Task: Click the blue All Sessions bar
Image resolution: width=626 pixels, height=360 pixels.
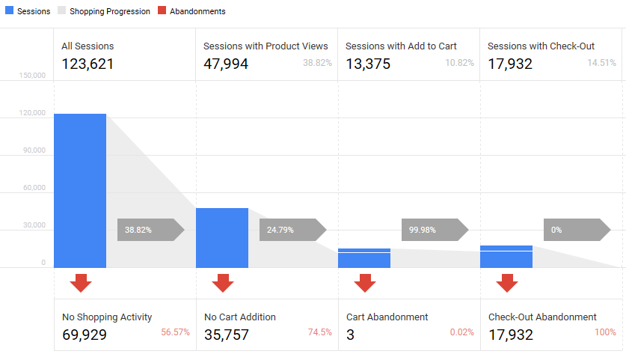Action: click(x=80, y=190)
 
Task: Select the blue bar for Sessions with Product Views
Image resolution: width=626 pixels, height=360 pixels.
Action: click(x=222, y=237)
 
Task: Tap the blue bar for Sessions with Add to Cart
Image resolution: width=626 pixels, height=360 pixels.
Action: click(x=364, y=258)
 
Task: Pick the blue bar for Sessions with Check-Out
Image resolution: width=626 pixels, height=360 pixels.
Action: click(x=506, y=257)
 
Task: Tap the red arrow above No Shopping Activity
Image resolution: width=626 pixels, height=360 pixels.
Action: click(x=80, y=283)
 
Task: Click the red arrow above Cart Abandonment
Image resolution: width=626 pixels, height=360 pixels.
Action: click(x=364, y=283)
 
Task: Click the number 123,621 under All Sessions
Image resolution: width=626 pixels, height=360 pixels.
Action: click(x=88, y=64)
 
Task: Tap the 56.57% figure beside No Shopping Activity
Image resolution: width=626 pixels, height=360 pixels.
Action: click(x=175, y=332)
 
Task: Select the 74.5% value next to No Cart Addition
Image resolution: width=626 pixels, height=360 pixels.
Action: click(x=319, y=332)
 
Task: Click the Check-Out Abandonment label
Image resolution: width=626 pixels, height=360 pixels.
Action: click(x=542, y=317)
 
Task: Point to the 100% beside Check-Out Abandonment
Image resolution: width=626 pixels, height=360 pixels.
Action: click(x=605, y=332)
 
